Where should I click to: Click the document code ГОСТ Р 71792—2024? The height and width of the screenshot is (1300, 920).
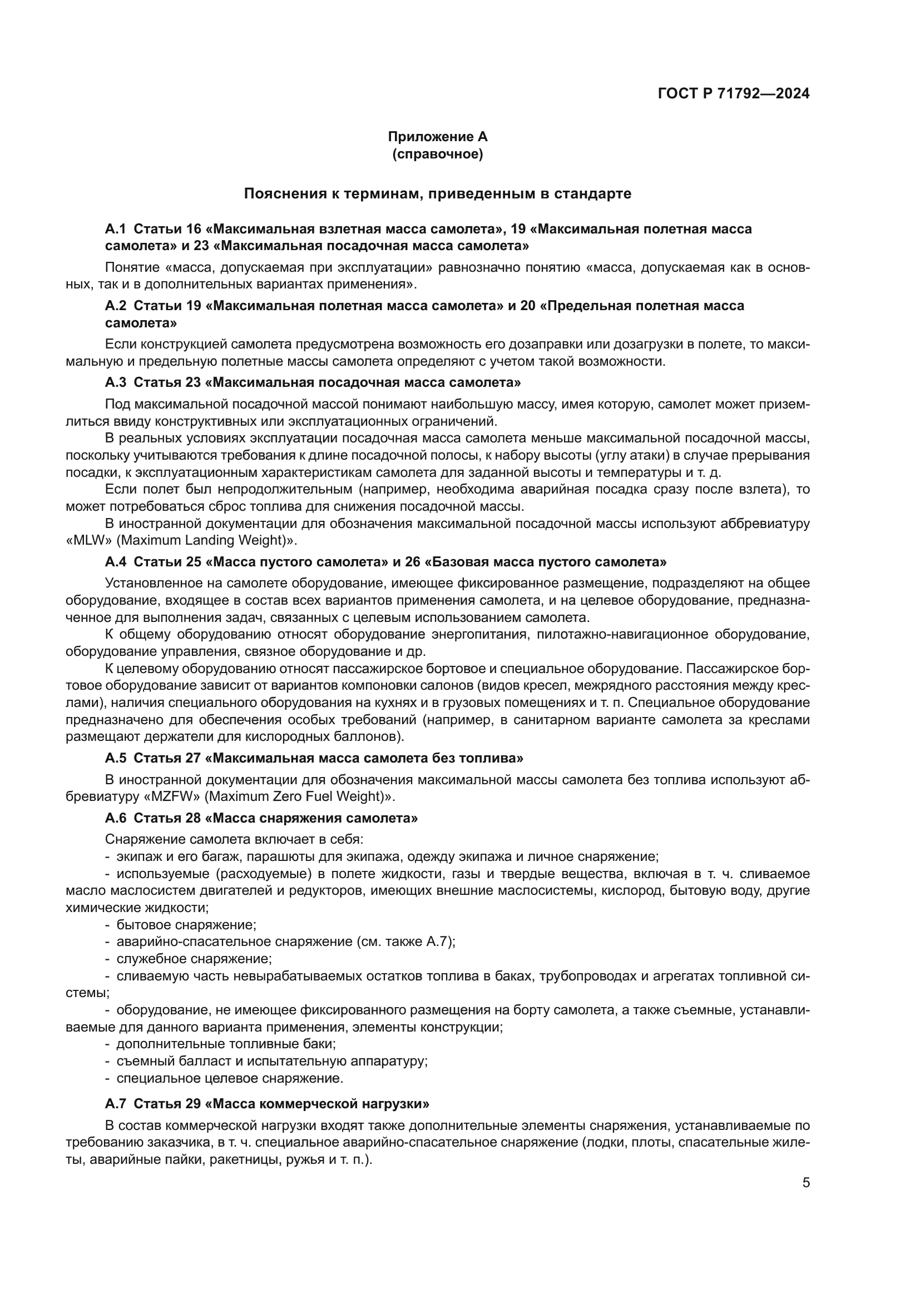(734, 93)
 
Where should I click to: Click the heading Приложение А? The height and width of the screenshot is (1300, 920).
(437, 137)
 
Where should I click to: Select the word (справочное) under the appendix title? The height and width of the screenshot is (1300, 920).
(437, 154)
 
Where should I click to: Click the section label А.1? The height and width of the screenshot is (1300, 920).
(115, 229)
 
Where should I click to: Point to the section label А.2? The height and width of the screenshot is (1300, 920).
(115, 306)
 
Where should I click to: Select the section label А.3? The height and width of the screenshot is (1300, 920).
(115, 382)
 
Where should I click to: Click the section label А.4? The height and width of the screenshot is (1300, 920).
(115, 562)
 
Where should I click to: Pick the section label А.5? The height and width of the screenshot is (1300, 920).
(115, 758)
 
